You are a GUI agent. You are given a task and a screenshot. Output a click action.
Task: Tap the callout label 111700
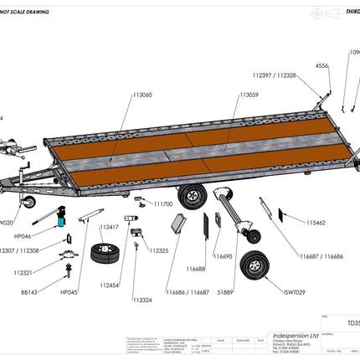click(162, 203)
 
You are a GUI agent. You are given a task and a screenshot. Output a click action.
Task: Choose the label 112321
click(25, 272)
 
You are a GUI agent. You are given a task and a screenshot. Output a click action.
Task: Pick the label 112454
click(110, 285)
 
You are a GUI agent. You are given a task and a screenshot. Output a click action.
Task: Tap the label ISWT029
click(296, 292)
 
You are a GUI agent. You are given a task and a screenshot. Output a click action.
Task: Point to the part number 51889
click(224, 292)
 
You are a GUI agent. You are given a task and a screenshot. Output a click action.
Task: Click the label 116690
click(221, 257)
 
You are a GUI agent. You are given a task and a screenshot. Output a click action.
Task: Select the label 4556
click(321, 65)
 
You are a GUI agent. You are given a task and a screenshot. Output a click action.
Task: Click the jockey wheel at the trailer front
click(29, 203)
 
